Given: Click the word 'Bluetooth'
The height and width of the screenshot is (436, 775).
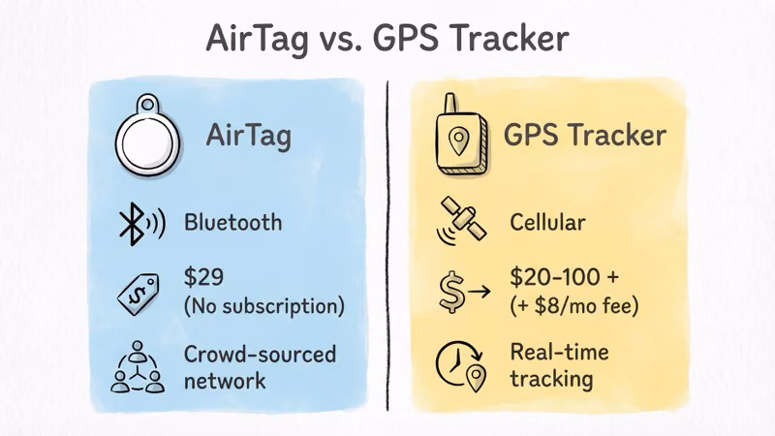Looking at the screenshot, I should coord(233,222).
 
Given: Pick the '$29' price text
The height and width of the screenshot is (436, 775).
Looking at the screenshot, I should coord(203,277).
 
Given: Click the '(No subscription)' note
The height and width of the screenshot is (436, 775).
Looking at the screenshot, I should coord(263,307).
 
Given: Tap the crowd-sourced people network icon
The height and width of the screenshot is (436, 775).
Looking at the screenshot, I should coord(139,367).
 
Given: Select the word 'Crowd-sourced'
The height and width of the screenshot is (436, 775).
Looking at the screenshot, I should coord(260,354).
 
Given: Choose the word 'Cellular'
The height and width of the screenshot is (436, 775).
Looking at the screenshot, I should coord(547,222).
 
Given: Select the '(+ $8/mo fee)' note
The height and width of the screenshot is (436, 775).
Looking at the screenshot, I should coord(573,307).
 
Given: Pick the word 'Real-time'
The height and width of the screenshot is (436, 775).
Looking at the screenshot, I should coord(559,351).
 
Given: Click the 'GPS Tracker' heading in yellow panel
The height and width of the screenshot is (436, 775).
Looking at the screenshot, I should coord(584,135).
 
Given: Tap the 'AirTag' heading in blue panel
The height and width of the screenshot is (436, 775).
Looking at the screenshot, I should coord(248,136).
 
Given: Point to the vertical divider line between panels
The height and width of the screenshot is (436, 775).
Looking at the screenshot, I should coord(388,242).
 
